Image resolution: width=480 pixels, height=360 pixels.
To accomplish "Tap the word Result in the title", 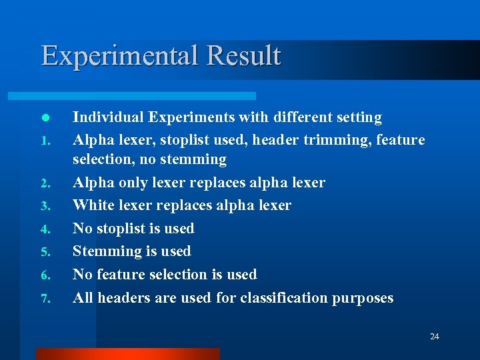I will click(x=244, y=55).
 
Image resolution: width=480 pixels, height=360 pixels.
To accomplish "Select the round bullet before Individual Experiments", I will click(x=44, y=117).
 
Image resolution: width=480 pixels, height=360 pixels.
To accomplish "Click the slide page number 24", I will click(x=434, y=337).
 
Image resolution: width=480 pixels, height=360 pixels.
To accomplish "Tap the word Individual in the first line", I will click(x=108, y=117).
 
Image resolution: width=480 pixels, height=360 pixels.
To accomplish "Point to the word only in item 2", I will click(x=129, y=183).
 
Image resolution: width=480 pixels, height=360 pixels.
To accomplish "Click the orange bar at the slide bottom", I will click(x=127, y=354).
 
